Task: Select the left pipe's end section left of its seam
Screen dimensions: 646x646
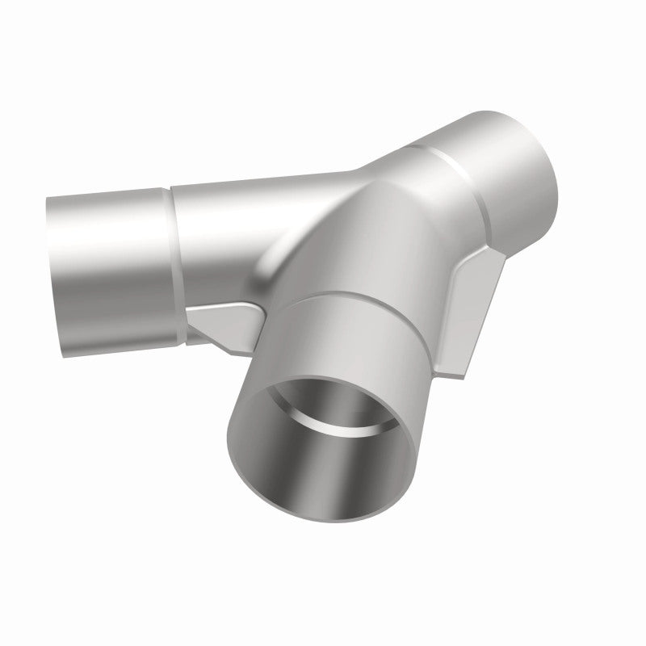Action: click(105, 258)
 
